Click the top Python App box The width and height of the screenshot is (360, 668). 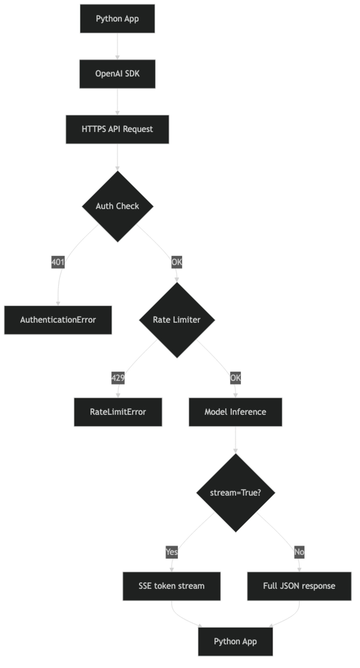(x=117, y=19)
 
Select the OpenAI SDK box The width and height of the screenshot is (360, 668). (x=117, y=74)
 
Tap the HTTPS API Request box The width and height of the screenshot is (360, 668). (x=117, y=129)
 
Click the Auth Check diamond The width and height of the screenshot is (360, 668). (x=117, y=206)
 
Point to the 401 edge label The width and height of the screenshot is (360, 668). (x=58, y=262)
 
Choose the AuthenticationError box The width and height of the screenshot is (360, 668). (x=58, y=320)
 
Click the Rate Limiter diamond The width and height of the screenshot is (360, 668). (x=177, y=320)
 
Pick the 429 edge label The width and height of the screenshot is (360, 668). (x=118, y=378)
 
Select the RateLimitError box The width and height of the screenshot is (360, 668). (x=118, y=412)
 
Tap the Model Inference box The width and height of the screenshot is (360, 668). (x=235, y=412)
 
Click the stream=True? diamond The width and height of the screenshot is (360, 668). (x=235, y=493)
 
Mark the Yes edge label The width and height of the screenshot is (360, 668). (x=172, y=552)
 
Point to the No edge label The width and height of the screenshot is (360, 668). (x=299, y=552)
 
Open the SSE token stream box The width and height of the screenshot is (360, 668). (x=171, y=586)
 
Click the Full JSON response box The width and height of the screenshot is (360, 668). (x=299, y=586)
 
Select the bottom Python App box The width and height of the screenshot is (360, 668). (x=235, y=641)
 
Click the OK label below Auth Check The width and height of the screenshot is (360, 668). (x=177, y=262)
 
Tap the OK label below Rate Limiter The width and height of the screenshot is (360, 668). (x=235, y=378)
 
